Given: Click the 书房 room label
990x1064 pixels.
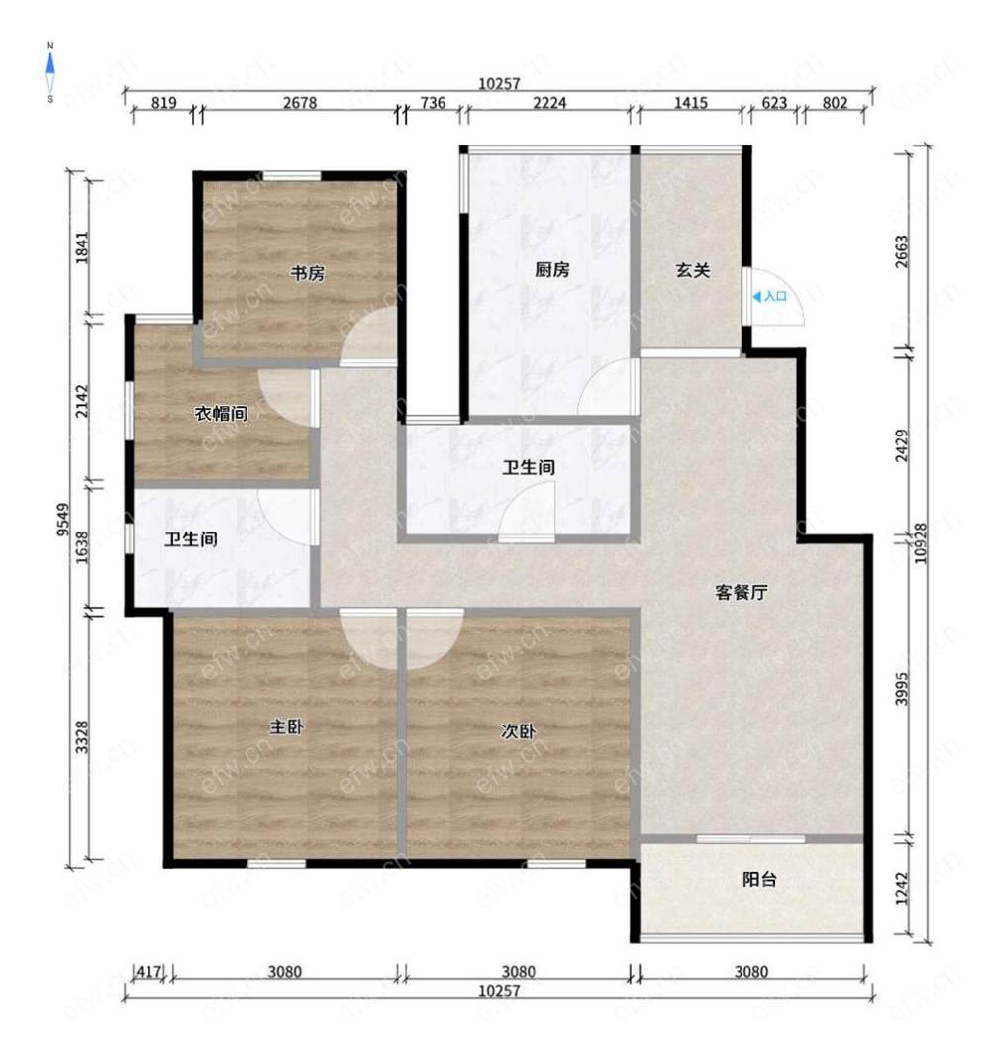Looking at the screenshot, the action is click(x=307, y=273).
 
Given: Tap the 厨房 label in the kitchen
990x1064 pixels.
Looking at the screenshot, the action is click(x=551, y=270).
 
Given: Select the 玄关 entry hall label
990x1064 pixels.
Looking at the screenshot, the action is click(x=692, y=270).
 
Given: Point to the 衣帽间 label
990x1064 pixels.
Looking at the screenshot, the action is click(x=221, y=413).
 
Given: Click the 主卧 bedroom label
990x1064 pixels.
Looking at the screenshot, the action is click(x=287, y=726).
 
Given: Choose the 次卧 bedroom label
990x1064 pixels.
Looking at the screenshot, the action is click(x=518, y=730).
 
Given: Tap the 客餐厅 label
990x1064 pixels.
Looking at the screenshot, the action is click(x=741, y=593).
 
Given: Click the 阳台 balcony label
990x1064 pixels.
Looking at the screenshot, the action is click(x=759, y=880).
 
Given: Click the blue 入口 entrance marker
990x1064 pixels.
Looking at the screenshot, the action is click(x=770, y=297).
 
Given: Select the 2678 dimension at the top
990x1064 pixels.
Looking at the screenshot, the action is click(x=300, y=103).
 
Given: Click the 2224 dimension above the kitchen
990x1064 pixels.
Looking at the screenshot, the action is click(x=549, y=103).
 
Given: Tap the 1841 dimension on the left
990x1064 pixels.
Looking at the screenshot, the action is click(x=82, y=247).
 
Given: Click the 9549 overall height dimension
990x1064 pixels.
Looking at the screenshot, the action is click(x=63, y=520).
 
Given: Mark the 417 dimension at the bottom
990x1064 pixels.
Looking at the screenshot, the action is click(x=148, y=972).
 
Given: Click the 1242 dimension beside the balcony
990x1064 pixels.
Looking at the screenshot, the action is click(x=901, y=889).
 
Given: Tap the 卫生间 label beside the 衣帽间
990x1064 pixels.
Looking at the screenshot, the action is click(x=191, y=539).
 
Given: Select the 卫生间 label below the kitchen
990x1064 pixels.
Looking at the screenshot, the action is click(x=529, y=467).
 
